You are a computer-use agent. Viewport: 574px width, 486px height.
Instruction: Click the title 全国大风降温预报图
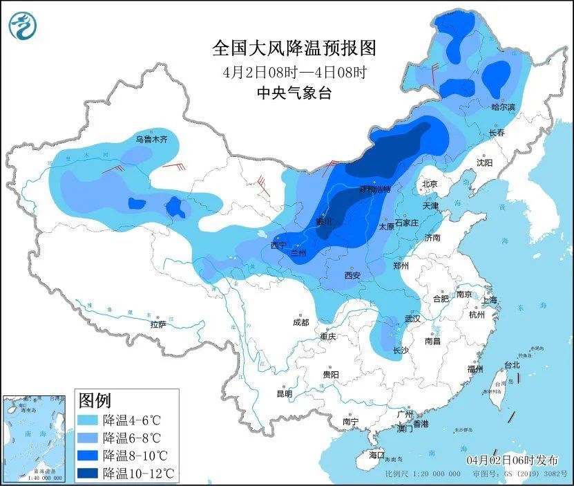tap(294, 48)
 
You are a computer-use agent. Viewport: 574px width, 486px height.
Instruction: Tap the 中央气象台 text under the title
tap(294, 93)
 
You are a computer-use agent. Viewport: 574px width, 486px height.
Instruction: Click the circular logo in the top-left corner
tap(22, 26)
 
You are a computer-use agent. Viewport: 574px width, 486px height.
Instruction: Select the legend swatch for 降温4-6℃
tap(88, 420)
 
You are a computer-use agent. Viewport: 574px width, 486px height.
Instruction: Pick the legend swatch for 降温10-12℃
tap(88, 474)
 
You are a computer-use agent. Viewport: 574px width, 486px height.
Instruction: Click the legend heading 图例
tap(95, 400)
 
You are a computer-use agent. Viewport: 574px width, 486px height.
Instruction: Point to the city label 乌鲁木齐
tap(151, 139)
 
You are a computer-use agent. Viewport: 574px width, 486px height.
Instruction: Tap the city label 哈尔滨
tap(503, 107)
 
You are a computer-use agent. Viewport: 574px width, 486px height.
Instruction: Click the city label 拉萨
tap(158, 324)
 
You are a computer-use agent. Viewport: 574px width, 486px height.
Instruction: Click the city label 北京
tap(430, 184)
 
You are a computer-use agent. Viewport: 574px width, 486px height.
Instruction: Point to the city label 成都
tap(301, 321)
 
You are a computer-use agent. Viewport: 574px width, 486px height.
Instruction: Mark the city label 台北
tap(511, 365)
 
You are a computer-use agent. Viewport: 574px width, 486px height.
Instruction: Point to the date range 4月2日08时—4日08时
tap(294, 71)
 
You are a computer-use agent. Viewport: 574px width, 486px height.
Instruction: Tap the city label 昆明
tap(284, 393)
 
